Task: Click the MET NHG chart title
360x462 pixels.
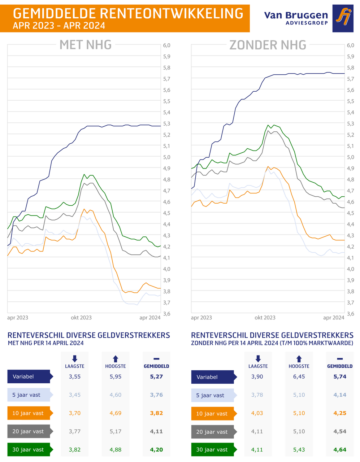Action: pyautogui.click(x=86, y=45)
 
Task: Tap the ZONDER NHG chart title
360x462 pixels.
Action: pyautogui.click(x=268, y=45)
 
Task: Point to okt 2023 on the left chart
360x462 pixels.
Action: pyautogui.click(x=81, y=318)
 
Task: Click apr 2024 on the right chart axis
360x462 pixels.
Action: pyautogui.click(x=334, y=318)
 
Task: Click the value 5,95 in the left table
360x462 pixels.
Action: pyautogui.click(x=116, y=376)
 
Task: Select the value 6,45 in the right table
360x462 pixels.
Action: pyautogui.click(x=299, y=377)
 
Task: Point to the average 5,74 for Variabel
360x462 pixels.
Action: pyautogui.click(x=340, y=377)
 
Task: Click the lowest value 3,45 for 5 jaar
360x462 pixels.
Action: pyautogui.click(x=75, y=395)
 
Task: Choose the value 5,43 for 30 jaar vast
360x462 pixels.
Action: pyautogui.click(x=299, y=450)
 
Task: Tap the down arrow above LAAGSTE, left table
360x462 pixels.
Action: pyautogui.click(x=75, y=358)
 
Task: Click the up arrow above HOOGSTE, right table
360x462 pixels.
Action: pyautogui.click(x=299, y=359)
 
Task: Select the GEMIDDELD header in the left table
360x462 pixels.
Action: pyautogui.click(x=156, y=366)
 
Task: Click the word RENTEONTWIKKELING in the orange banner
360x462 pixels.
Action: pyautogui.click(x=171, y=14)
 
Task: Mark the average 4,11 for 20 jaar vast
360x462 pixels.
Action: pyautogui.click(x=156, y=431)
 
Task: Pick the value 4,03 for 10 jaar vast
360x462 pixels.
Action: pyautogui.click(x=257, y=413)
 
